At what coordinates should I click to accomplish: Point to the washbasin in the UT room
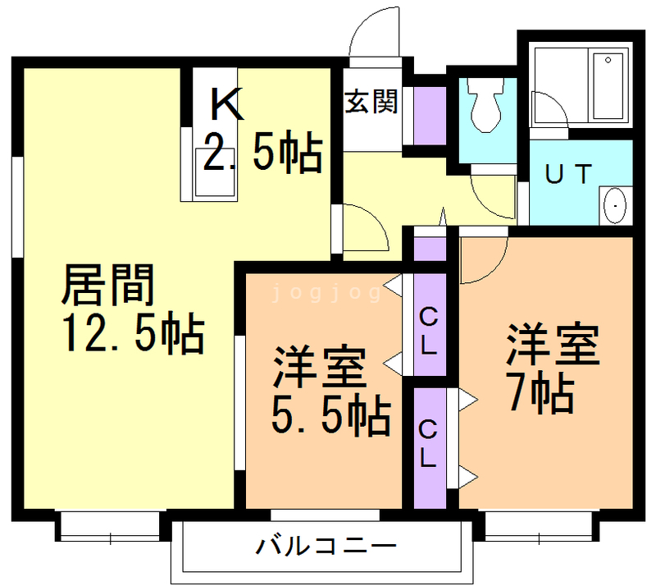(x=613, y=204)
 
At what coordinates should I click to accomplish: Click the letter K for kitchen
(x=226, y=104)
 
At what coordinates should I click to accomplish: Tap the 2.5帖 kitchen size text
(x=261, y=152)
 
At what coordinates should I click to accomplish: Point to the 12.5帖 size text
(x=132, y=332)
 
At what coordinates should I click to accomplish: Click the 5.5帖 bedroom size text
(x=330, y=415)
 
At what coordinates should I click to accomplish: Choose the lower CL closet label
(x=428, y=444)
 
